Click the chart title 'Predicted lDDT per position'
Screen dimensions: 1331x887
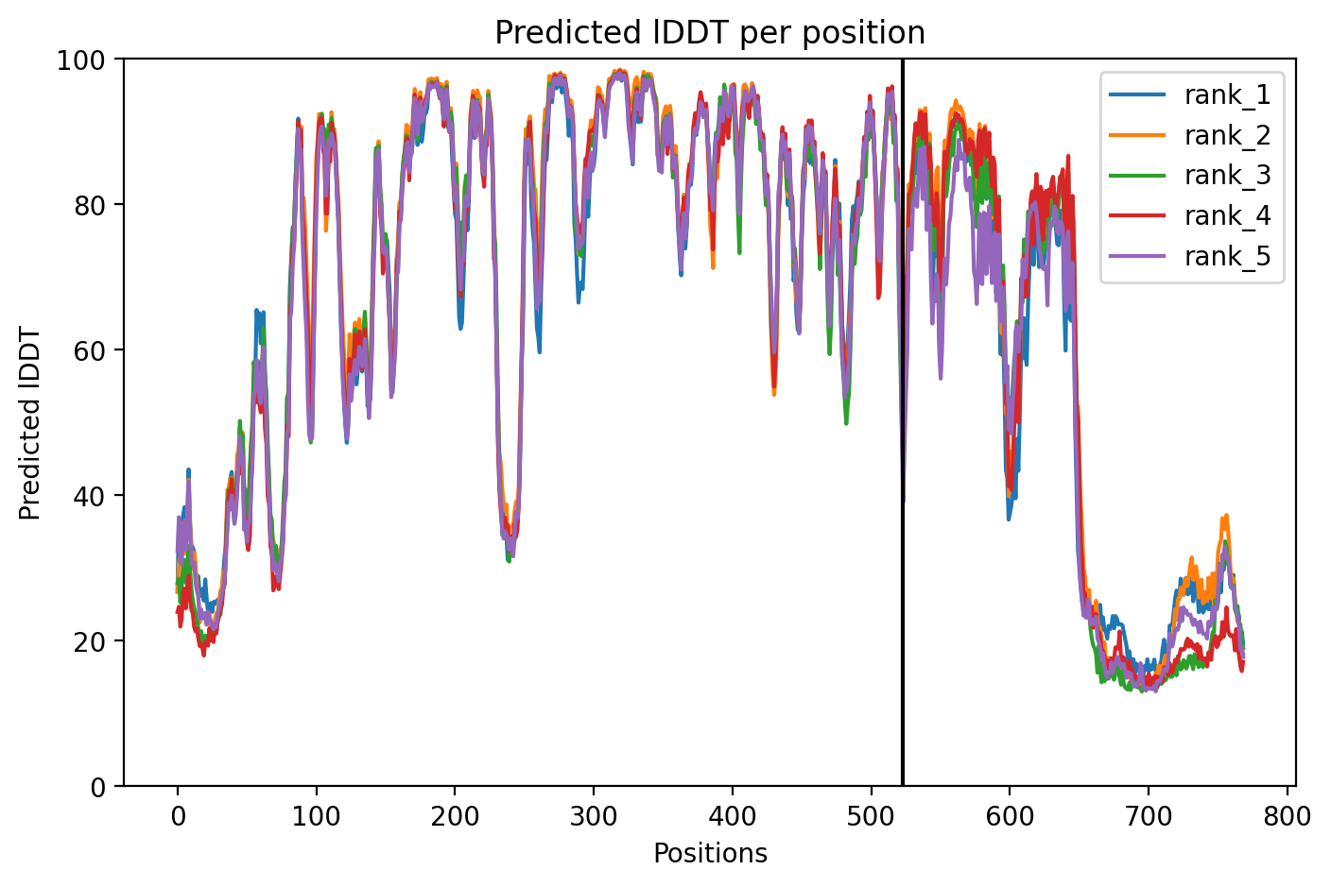[710, 33]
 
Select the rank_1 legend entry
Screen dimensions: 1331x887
[1190, 95]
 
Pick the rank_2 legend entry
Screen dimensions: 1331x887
[1190, 135]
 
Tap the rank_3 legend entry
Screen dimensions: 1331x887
[1190, 175]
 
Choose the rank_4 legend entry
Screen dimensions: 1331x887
[1190, 215]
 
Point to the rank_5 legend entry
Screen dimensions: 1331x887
[1190, 256]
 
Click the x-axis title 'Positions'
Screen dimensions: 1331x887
[711, 854]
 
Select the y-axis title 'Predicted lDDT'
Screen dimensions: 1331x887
[29, 423]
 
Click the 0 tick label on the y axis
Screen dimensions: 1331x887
[97, 787]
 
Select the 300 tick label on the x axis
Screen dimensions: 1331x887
[594, 817]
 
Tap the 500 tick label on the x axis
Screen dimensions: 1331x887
[871, 817]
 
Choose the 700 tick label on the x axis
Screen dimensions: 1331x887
[1149, 817]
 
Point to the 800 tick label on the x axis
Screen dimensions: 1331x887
[1287, 817]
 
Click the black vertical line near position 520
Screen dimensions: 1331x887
[903, 422]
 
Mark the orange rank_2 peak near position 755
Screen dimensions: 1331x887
[1226, 516]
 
